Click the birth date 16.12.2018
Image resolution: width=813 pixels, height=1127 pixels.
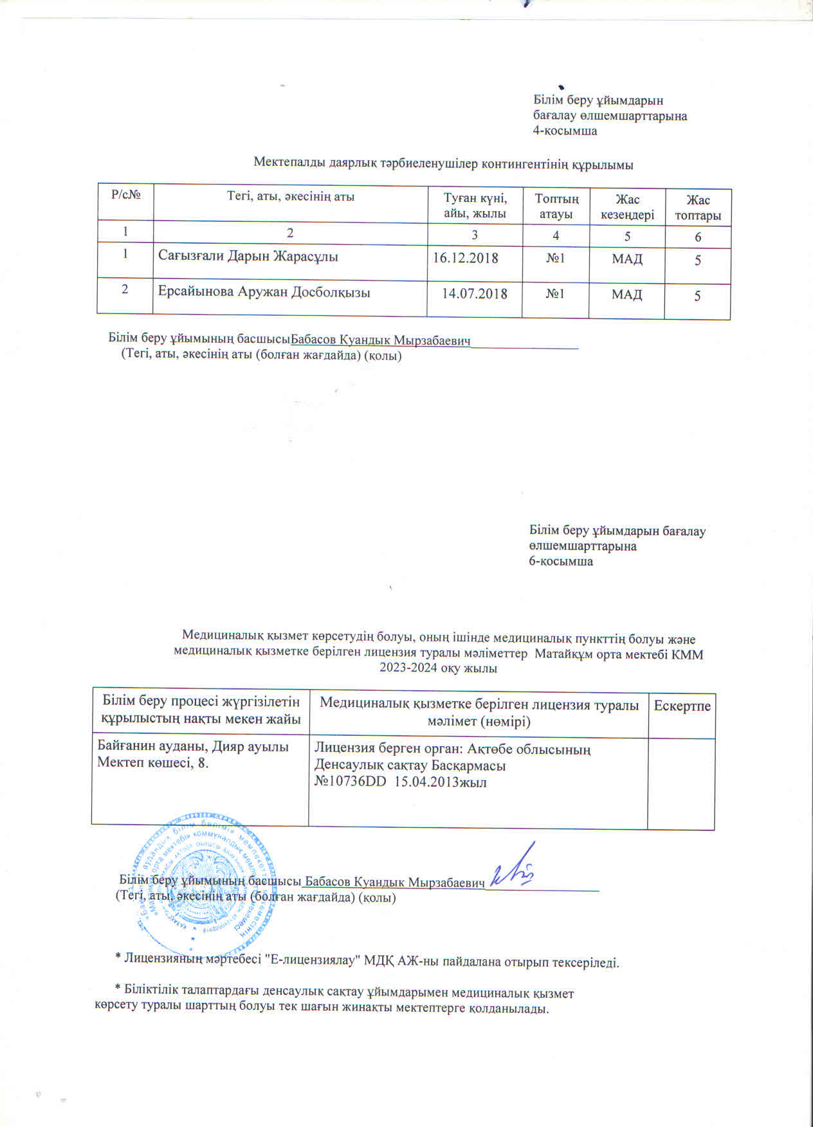[466, 259]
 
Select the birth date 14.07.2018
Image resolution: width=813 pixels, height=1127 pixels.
[475, 294]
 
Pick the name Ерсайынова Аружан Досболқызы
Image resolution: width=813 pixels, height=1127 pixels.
[264, 292]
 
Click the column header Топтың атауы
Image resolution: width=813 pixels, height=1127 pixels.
[556, 206]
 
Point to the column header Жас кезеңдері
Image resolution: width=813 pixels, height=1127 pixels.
[627, 206]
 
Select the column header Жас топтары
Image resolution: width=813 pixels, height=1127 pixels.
[698, 208]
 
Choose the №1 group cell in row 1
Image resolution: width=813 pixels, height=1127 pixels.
[555, 259]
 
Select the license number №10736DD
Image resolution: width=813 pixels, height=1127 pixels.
[346, 782]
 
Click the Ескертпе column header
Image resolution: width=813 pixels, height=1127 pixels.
[682, 706]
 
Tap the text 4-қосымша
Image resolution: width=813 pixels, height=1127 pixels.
[565, 131]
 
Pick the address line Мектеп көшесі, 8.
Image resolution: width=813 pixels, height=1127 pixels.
[152, 763]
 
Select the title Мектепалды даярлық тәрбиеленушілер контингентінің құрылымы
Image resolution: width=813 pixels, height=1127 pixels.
[443, 164]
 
